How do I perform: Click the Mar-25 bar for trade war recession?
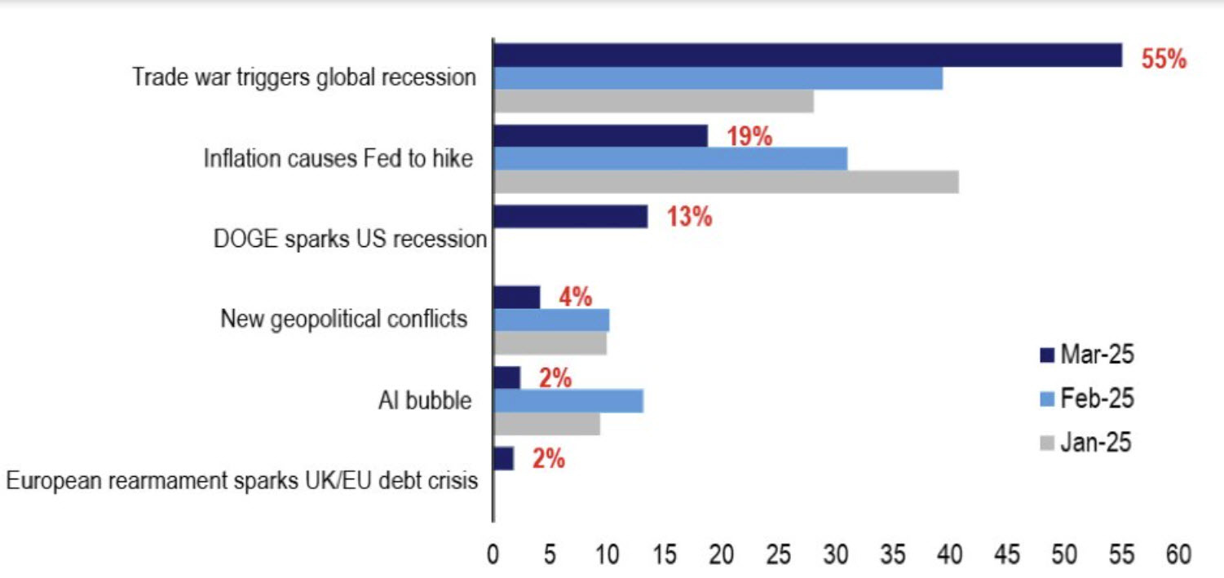(807, 55)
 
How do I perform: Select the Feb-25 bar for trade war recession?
(718, 78)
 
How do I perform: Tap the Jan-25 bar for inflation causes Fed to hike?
(726, 182)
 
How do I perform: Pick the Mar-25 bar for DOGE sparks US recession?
(570, 217)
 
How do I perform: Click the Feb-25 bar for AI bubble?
(568, 401)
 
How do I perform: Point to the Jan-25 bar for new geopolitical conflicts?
(550, 343)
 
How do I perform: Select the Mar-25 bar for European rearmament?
(503, 459)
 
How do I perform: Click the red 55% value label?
(1164, 60)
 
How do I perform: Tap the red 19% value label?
(749, 137)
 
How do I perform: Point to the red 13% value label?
(689, 218)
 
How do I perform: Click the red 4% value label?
(575, 298)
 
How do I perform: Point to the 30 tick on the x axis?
(836, 556)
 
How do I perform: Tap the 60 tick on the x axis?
(1178, 556)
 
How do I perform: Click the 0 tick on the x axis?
(493, 556)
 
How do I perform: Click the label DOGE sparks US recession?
(350, 240)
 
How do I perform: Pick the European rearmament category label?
(241, 480)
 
